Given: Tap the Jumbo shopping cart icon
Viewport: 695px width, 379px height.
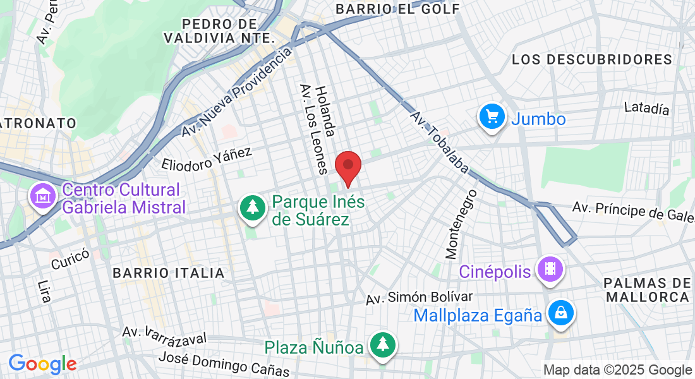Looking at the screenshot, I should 491,117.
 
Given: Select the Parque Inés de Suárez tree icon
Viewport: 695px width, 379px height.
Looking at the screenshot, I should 252,207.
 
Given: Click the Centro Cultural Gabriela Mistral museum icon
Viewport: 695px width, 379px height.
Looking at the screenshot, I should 42,196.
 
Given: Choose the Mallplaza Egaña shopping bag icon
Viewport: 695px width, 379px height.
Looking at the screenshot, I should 560,313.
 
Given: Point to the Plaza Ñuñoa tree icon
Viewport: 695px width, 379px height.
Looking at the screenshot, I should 382,345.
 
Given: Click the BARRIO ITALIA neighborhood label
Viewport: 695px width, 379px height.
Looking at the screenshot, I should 169,273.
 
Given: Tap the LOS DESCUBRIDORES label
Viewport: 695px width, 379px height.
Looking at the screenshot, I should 592,59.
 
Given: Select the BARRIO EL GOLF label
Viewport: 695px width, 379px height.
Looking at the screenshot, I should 398,9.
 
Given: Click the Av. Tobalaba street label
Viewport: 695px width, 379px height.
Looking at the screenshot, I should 440,143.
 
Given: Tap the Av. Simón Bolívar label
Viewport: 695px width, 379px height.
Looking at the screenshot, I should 420,298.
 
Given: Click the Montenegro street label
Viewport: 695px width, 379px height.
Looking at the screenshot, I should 461,224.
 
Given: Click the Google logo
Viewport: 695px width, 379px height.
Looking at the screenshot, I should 42,364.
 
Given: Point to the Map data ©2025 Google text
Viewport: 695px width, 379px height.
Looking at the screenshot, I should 617,370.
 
